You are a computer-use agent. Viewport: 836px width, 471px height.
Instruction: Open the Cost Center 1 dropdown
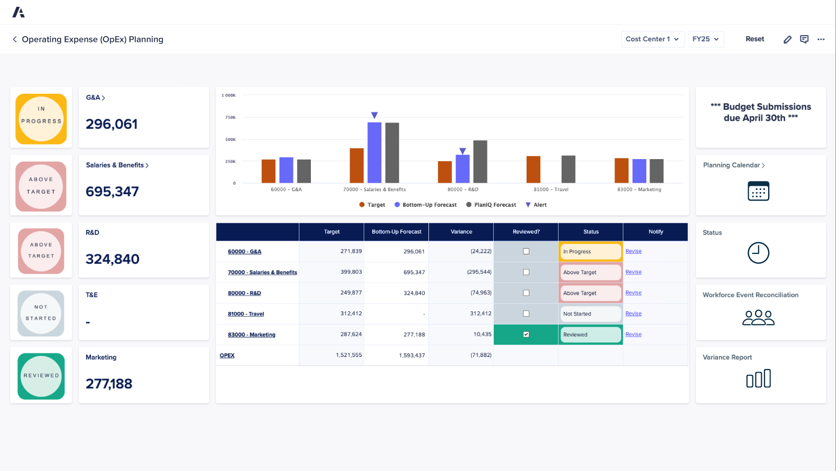point(652,39)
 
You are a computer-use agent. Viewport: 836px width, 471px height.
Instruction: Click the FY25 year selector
point(705,39)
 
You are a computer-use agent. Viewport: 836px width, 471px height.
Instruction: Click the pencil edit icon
point(787,39)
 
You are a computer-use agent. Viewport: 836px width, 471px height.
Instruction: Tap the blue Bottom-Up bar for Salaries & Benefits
point(374,152)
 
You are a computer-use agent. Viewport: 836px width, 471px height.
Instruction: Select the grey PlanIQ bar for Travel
point(568,169)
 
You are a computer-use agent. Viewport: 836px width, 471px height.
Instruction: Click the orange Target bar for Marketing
point(621,171)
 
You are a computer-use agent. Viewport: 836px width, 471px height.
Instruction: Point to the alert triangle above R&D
point(462,151)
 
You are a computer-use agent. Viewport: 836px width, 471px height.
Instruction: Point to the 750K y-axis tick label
point(230,117)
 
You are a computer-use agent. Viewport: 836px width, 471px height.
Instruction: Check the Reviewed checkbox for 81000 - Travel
point(526,314)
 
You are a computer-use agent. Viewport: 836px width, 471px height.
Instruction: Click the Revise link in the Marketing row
point(633,334)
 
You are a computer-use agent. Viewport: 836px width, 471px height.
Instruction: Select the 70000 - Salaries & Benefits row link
point(262,272)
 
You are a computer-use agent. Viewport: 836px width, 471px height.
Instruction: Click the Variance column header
point(461,232)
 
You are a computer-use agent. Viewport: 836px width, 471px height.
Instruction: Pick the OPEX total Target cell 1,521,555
point(349,355)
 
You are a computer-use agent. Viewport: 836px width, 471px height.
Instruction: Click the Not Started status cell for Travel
point(590,314)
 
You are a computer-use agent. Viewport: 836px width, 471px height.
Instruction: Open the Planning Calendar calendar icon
point(758,191)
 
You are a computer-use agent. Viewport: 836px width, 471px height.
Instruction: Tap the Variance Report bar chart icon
point(758,378)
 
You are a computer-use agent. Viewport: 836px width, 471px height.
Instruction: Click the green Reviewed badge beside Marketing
point(41,376)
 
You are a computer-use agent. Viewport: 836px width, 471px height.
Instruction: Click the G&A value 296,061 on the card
point(112,124)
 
